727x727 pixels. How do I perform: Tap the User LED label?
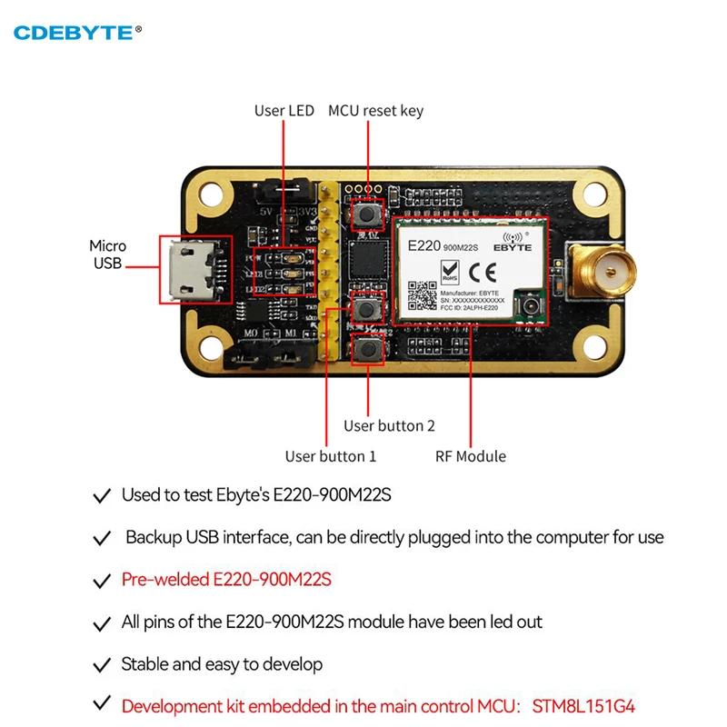click(284, 111)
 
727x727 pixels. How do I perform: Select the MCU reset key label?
click(375, 111)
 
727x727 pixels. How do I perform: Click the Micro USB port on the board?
click(193, 269)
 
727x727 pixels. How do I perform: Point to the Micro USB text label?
click(107, 254)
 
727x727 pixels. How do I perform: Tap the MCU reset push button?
click(368, 214)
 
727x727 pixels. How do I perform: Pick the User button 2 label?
click(389, 425)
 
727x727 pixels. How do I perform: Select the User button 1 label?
click(330, 456)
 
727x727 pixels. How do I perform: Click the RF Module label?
click(470, 456)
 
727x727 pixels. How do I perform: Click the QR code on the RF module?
click(421, 296)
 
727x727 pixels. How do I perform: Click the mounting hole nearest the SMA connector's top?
click(595, 194)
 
